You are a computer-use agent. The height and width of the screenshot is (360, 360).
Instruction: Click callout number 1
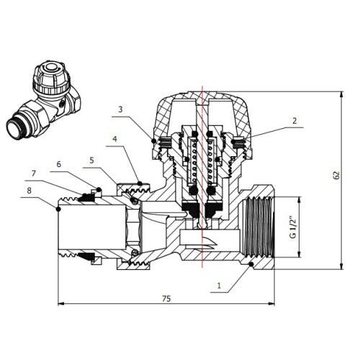(219, 286)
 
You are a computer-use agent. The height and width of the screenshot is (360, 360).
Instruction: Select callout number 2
(294, 121)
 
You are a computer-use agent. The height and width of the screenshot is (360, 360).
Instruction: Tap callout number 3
(120, 109)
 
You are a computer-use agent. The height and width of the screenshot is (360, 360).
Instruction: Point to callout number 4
(115, 139)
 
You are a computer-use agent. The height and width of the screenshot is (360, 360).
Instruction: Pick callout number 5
(91, 161)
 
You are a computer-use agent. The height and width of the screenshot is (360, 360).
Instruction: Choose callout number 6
(59, 164)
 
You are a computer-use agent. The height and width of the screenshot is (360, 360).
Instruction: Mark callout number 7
(34, 174)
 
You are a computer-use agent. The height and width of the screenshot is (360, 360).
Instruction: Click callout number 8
(29, 191)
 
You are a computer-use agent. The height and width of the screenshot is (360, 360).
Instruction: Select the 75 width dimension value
(166, 299)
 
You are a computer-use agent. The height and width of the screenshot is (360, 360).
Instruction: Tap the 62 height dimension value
(337, 175)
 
